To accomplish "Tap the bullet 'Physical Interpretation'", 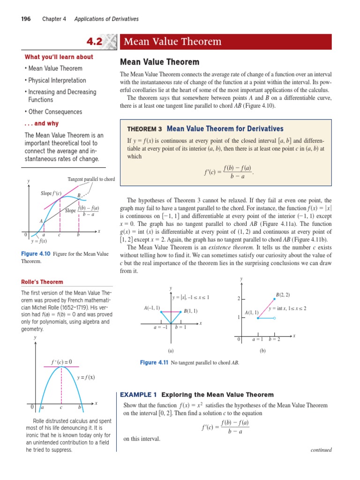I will tap(57, 80).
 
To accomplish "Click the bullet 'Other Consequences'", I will tap(55, 112).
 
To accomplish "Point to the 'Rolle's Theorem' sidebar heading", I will tap(42, 282).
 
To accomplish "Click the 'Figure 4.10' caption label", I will tap(36, 254).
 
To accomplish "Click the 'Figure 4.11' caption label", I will tap(154, 362).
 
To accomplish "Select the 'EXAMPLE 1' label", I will tap(139, 395).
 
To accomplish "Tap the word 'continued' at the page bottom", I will tap(321, 450).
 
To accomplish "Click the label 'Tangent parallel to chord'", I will tap(91, 180).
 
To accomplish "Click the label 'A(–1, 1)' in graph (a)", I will tap(152, 307).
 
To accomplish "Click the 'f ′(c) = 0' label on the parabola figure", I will tap(61, 361).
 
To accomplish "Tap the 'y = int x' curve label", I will tap(287, 308).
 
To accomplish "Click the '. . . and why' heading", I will tap(41, 124).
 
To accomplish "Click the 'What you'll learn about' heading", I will tap(59, 57).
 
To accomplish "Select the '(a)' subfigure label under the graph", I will tap(171, 350).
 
